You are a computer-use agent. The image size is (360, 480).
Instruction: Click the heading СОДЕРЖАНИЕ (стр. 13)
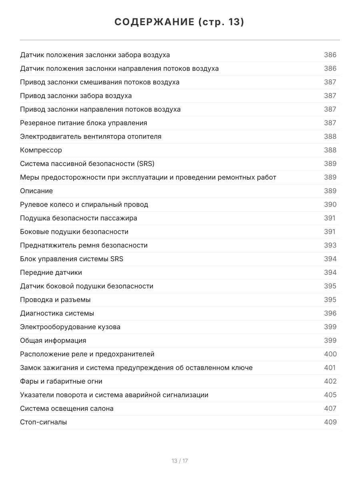(x=180, y=22)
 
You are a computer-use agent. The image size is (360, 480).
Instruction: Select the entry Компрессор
(x=41, y=150)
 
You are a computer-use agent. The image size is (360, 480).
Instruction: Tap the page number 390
(x=330, y=204)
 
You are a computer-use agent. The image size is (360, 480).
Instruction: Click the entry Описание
(x=36, y=191)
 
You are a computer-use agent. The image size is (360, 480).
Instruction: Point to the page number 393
(x=330, y=245)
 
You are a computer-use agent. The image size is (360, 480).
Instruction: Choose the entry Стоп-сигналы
(x=44, y=422)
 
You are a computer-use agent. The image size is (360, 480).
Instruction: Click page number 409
(x=330, y=422)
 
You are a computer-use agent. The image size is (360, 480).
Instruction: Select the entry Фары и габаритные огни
(x=61, y=381)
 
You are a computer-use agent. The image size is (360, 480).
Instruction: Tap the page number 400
(x=330, y=354)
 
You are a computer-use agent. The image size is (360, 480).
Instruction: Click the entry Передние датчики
(x=51, y=272)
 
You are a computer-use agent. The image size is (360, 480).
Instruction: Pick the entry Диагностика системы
(x=57, y=313)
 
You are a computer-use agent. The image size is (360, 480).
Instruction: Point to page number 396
(x=330, y=313)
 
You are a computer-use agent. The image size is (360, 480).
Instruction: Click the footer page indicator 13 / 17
(x=180, y=461)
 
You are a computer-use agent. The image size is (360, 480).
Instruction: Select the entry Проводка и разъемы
(x=55, y=300)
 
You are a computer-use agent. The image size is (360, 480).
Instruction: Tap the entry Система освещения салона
(x=67, y=408)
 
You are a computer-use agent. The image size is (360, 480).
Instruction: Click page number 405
(x=330, y=395)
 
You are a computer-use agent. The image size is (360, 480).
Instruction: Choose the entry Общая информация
(x=53, y=340)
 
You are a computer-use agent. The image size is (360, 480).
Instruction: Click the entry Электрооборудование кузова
(x=70, y=327)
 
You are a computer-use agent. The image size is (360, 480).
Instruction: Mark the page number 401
(x=330, y=368)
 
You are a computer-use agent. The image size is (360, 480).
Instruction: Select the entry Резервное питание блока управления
(x=84, y=123)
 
